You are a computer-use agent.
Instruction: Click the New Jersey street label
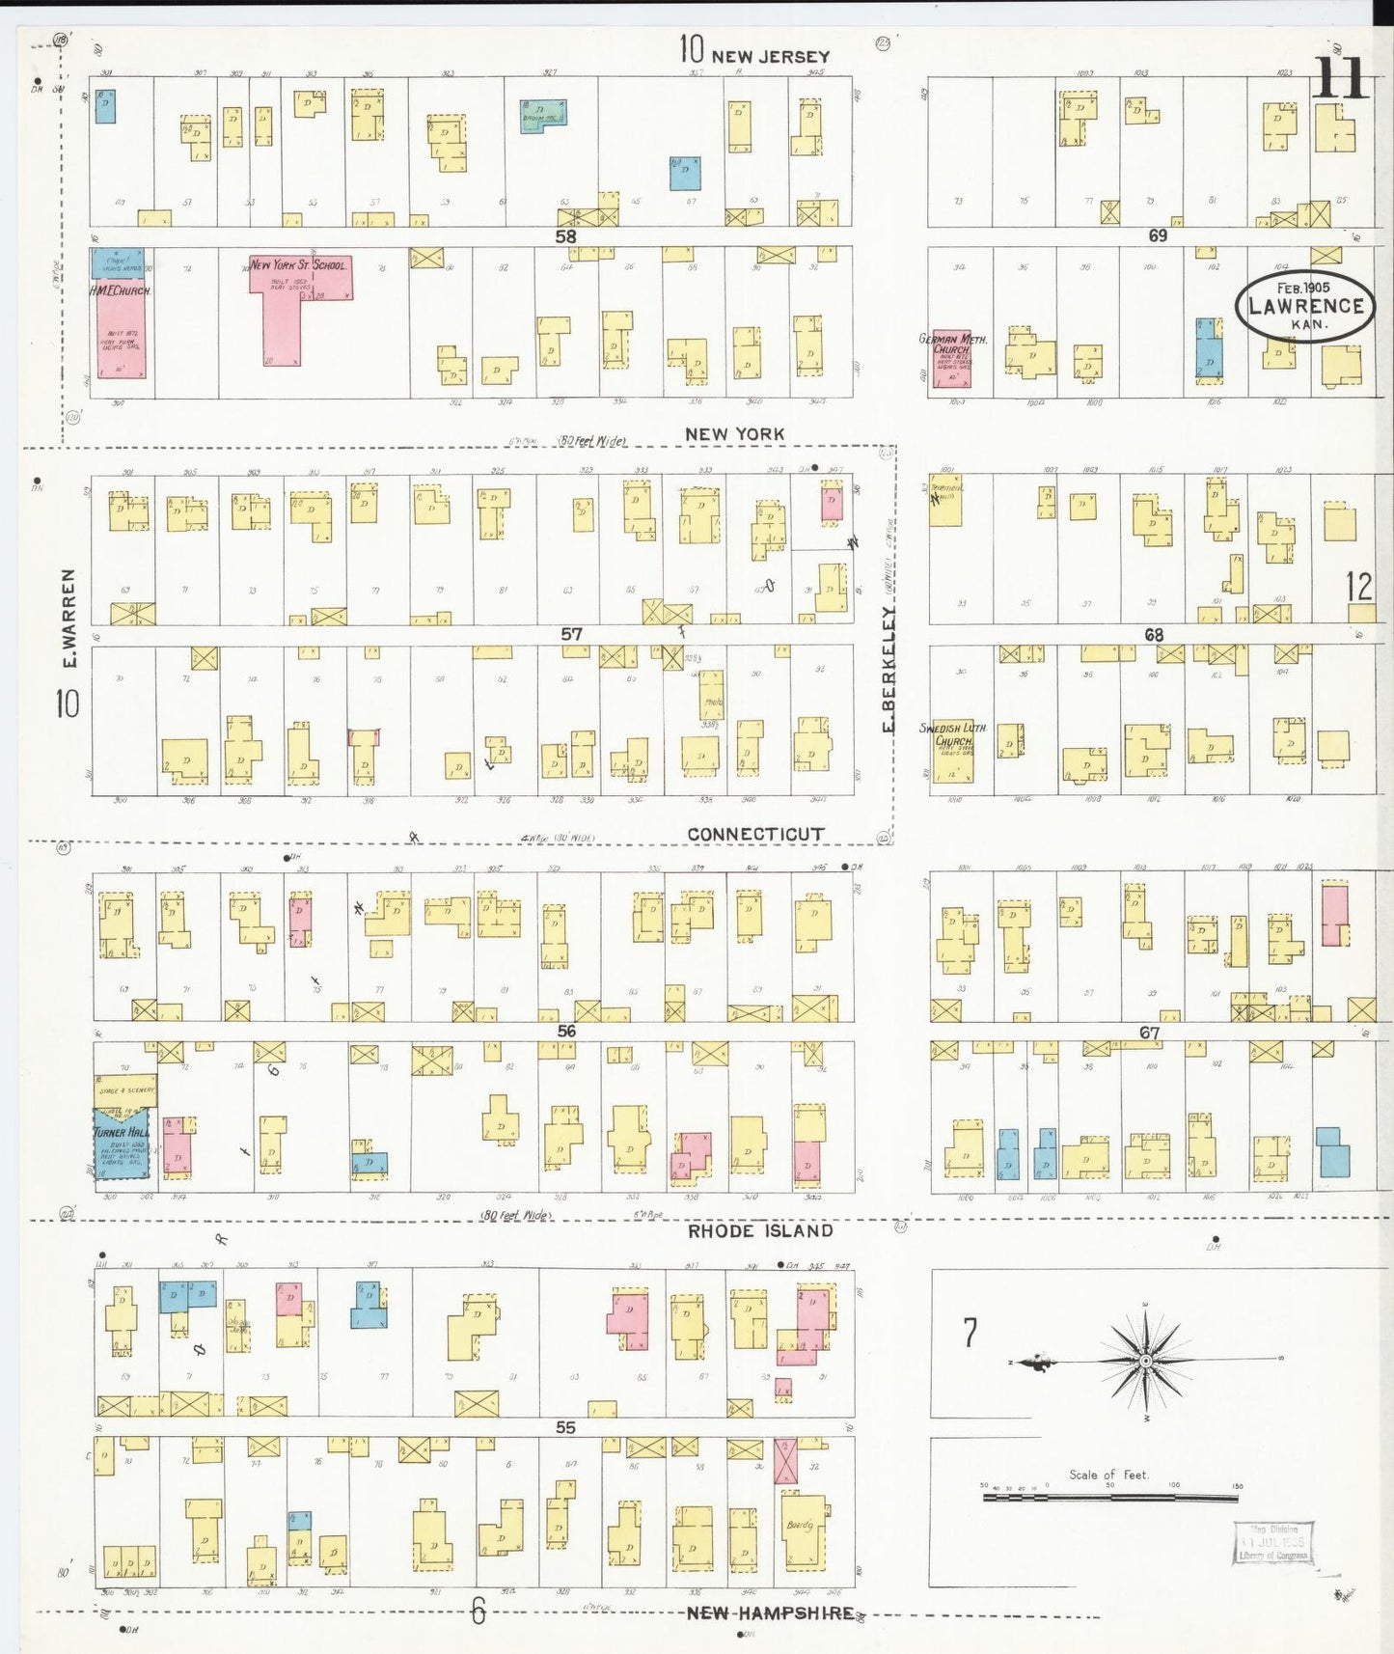coord(770,57)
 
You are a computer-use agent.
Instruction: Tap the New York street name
coord(734,434)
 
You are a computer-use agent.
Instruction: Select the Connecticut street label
coord(755,834)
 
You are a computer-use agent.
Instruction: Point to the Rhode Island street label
coord(760,1230)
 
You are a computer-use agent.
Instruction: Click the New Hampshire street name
coord(770,1613)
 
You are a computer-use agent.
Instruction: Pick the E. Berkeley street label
coord(888,668)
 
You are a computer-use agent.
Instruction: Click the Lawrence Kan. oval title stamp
coord(1305,306)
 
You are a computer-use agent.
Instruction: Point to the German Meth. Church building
coord(951,359)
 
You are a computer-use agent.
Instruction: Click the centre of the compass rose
coord(1145,1361)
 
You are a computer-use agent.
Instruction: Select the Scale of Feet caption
coord(1108,1475)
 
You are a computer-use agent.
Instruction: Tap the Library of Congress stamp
coord(1273,1543)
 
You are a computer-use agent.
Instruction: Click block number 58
coord(565,236)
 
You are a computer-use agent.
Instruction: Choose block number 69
coord(1157,235)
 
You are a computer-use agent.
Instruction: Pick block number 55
coord(565,1427)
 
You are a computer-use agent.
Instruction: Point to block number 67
coord(1149,1033)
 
